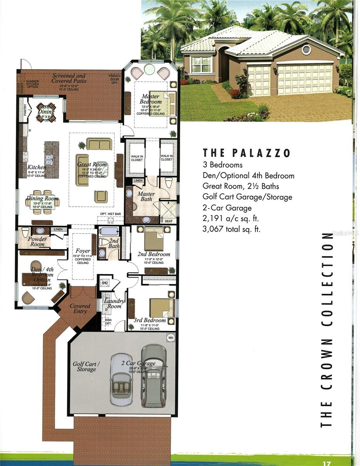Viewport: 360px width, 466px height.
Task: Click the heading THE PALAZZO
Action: click(247, 153)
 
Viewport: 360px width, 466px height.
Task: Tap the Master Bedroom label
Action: click(151, 99)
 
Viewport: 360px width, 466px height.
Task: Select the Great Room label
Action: click(92, 164)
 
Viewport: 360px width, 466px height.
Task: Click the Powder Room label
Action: click(37, 242)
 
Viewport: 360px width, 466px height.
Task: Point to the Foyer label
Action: click(82, 251)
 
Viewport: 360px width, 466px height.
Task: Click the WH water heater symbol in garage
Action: click(170, 338)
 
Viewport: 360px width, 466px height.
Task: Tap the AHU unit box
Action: click(104, 283)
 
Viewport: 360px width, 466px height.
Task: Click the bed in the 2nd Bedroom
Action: click(154, 239)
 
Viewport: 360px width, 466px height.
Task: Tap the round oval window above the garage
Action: click(306, 49)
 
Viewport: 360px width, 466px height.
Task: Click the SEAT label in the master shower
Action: click(169, 221)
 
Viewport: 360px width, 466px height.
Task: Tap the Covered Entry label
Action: click(80, 308)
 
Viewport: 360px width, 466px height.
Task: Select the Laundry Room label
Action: click(114, 304)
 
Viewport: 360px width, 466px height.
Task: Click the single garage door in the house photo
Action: click(259, 80)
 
